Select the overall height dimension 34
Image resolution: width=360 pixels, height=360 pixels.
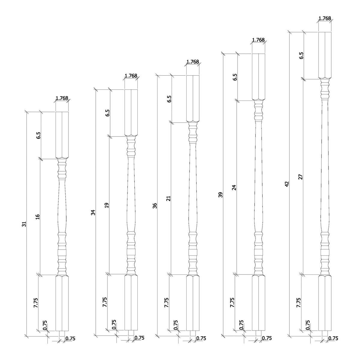pos(93,212)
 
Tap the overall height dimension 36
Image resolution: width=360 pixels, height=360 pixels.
pos(155,205)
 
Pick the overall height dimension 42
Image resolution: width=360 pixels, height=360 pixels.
pos(287,184)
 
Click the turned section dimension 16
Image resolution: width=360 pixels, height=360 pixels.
pos(38,217)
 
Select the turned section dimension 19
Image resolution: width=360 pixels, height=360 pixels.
pos(107,205)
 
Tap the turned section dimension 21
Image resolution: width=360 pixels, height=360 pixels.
pos(168,198)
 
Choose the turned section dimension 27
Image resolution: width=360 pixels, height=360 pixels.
pos(301,177)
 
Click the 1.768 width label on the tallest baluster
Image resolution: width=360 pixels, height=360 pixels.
pos(325,18)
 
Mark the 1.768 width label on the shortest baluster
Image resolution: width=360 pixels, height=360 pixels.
pos(62,98)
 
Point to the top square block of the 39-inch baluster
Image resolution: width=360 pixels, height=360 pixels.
pos(258,76)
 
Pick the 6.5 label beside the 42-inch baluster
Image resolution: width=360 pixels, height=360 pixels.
pos(301,55)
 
